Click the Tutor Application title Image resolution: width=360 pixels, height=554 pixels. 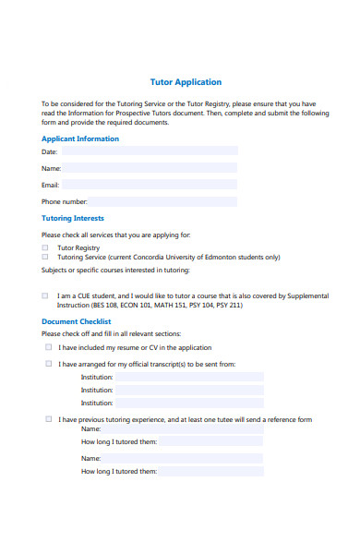[x=186, y=82]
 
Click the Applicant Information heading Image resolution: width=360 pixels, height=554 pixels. [x=80, y=138]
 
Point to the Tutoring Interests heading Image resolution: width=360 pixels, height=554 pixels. [x=73, y=219]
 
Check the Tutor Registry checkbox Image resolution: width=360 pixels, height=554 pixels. [x=45, y=247]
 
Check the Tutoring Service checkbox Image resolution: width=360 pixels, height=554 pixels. [x=45, y=258]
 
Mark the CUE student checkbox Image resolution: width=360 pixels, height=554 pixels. [x=45, y=295]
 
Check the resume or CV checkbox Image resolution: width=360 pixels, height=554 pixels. [x=49, y=347]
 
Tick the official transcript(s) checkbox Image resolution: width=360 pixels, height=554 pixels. [x=49, y=364]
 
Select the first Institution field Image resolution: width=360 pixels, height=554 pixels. [x=189, y=377]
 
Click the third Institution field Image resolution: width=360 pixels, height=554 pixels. [x=189, y=403]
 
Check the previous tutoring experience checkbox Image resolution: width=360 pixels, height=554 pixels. [x=49, y=419]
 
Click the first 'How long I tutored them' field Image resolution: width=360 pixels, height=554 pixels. [x=211, y=441]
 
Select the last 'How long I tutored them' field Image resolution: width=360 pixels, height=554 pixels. [x=211, y=471]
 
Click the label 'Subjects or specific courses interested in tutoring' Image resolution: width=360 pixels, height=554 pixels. [x=115, y=270]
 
